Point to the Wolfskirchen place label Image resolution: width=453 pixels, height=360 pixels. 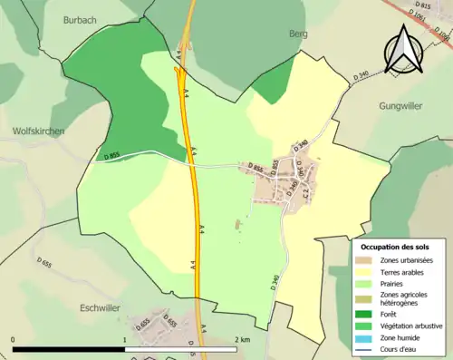click(x=38, y=131)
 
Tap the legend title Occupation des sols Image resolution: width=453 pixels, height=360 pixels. click(x=395, y=247)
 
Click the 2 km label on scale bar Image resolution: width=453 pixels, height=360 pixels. click(x=242, y=339)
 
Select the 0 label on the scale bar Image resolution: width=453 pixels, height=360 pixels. click(x=13, y=339)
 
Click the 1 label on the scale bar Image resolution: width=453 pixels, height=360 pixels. click(x=124, y=339)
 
